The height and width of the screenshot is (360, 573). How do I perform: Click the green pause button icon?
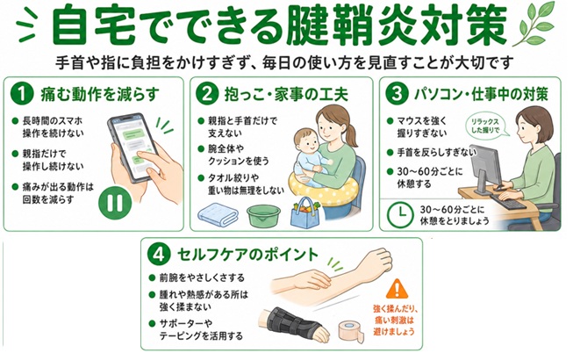pyautogui.click(x=115, y=203)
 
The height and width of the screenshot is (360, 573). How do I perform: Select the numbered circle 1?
pyautogui.click(x=22, y=94)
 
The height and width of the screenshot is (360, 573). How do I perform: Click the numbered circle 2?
pyautogui.click(x=207, y=94)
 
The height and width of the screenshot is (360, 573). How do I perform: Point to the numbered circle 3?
pyautogui.click(x=397, y=94)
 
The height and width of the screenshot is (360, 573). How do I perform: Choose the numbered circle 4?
pyautogui.click(x=159, y=255)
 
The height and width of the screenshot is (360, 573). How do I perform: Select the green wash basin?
pyautogui.click(x=263, y=216)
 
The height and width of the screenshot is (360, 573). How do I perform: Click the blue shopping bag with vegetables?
pyautogui.click(x=305, y=214)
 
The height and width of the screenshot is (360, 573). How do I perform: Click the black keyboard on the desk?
pyautogui.click(x=508, y=201)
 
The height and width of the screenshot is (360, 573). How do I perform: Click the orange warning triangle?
pyautogui.click(x=397, y=289)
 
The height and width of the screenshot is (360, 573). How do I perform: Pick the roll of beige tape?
pyautogui.click(x=351, y=332)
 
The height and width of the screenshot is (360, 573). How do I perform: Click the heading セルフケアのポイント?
pyautogui.click(x=247, y=255)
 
